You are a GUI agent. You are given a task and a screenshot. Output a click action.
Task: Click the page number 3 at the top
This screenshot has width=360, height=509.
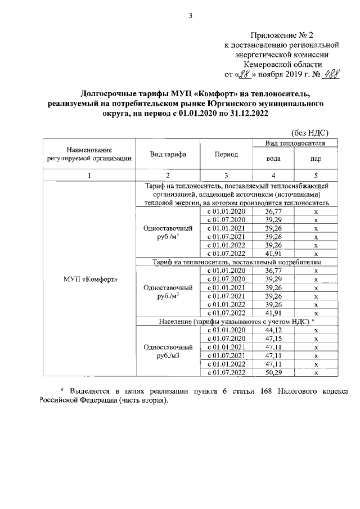[191, 16]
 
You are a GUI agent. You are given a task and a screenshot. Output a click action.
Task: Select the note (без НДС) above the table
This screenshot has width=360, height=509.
[310, 133]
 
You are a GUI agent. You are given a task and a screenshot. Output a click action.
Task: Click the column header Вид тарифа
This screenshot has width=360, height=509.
[168, 155]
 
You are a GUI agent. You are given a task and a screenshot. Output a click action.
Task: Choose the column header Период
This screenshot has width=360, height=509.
[226, 155]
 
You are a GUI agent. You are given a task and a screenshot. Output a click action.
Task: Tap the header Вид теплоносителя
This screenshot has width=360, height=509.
[297, 144]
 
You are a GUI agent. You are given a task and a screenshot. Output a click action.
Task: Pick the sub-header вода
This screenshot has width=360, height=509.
[273, 159]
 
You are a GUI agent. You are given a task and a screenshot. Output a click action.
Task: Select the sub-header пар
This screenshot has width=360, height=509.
[316, 159]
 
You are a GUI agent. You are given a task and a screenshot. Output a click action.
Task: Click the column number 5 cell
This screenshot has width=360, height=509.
[316, 175]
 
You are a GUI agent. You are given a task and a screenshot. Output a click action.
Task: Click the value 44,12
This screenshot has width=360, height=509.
[273, 330]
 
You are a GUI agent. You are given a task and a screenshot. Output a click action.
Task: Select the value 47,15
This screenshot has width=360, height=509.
[273, 339]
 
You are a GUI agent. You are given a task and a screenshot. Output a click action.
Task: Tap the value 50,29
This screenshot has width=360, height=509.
[273, 372]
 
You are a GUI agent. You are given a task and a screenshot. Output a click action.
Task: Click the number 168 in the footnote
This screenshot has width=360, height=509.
[267, 391]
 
